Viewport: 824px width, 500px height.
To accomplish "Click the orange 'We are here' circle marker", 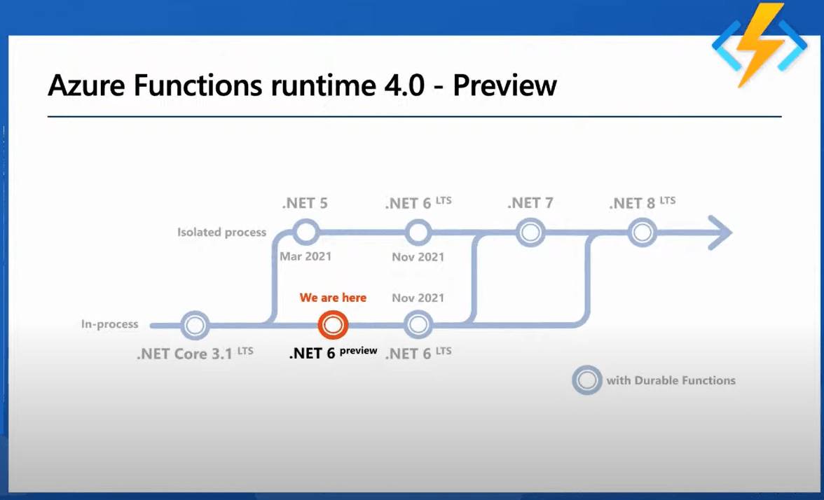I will click(333, 325).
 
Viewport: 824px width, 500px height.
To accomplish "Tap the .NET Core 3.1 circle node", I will click(195, 325).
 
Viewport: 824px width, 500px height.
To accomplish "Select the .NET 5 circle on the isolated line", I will click(305, 232).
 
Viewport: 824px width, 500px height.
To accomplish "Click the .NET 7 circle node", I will click(530, 232).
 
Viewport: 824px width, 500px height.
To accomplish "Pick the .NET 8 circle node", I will click(642, 232).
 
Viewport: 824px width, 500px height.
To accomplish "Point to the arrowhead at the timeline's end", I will click(719, 232).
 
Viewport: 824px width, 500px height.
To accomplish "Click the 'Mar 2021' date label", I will click(305, 256).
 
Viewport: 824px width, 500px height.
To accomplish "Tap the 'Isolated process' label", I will click(221, 232).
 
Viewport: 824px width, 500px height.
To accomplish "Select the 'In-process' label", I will click(109, 324).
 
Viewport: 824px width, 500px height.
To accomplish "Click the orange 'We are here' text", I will click(333, 298).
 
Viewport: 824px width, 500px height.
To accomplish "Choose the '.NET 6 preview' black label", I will click(333, 352).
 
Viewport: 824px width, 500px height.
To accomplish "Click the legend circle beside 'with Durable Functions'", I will click(586, 380).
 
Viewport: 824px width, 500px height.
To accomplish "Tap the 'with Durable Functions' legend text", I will click(671, 380).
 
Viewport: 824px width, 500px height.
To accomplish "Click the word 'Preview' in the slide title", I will click(504, 85).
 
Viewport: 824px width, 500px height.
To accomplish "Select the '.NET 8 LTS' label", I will click(642, 204).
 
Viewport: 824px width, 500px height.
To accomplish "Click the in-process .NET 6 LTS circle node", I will click(418, 325).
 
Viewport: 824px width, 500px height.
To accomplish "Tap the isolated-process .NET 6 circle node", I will click(418, 232).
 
